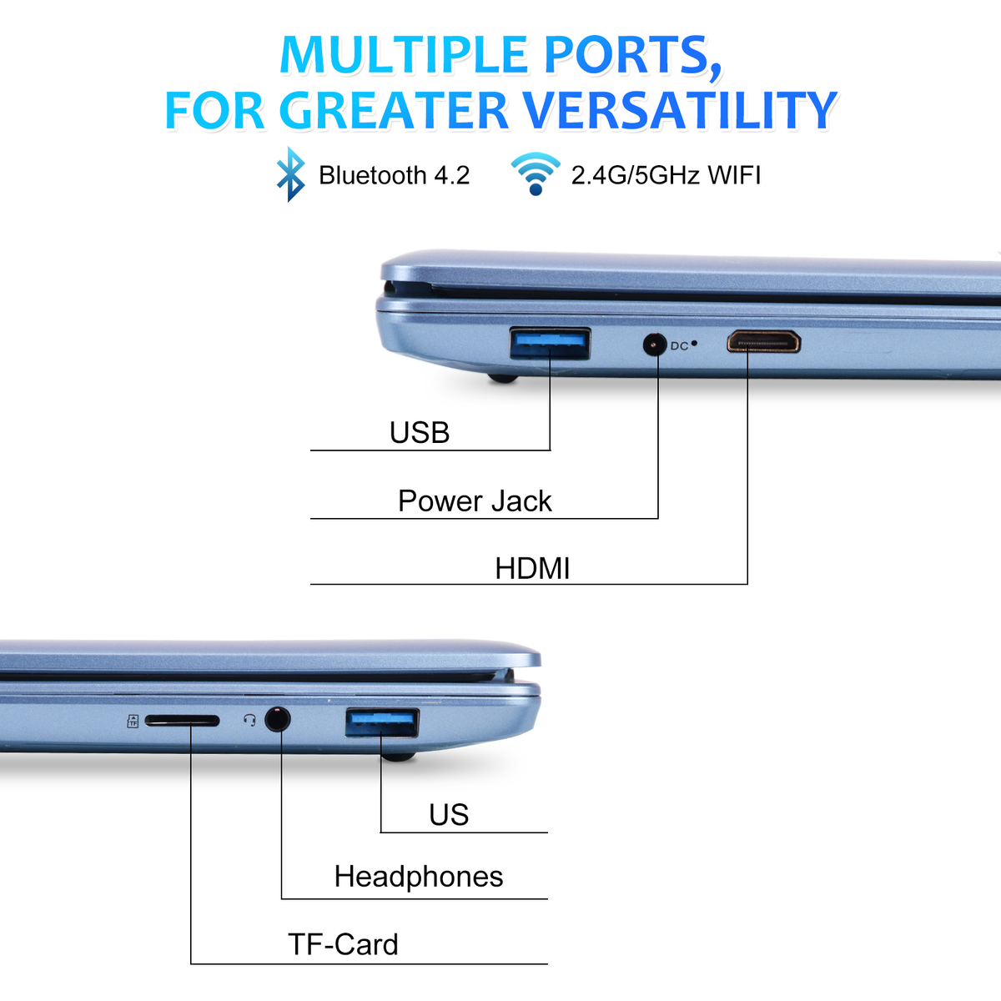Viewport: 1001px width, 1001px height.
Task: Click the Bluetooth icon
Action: pyautogui.click(x=290, y=174)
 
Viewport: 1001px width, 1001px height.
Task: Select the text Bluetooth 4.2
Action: pyautogui.click(x=395, y=175)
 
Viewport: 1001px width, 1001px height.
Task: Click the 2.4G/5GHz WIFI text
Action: pyautogui.click(x=666, y=175)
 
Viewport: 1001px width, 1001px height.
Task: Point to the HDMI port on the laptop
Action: pyautogui.click(x=763, y=342)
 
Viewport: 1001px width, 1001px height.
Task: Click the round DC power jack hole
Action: pyautogui.click(x=655, y=345)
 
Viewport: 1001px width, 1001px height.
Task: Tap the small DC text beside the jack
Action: pyautogui.click(x=680, y=346)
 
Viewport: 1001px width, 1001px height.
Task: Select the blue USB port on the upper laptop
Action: pyautogui.click(x=550, y=344)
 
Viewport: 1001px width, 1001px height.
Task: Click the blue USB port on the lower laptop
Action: pyautogui.click(x=382, y=722)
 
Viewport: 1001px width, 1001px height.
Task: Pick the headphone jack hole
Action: pyautogui.click(x=278, y=719)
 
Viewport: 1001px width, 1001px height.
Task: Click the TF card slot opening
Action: pyautogui.click(x=183, y=721)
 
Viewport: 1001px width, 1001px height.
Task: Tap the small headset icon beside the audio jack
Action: pyautogui.click(x=250, y=720)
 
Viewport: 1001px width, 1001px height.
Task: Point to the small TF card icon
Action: pyautogui.click(x=133, y=721)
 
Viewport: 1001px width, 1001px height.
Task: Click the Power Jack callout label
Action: pyautogui.click(x=475, y=500)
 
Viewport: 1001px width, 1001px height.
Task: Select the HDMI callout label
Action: pyautogui.click(x=532, y=568)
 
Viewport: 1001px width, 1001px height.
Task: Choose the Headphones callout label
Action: pyautogui.click(x=419, y=877)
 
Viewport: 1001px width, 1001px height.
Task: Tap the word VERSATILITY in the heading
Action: pyautogui.click(x=680, y=110)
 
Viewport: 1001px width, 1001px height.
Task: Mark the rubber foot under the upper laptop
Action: pyautogui.click(x=503, y=378)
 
